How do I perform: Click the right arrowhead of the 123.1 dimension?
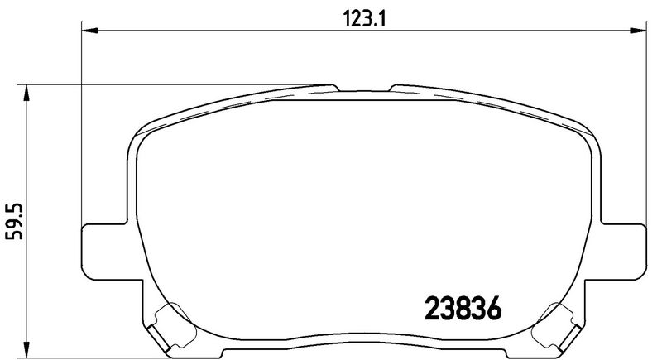[640, 31]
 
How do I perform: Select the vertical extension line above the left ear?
[82, 124]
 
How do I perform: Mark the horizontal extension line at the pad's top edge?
[165, 84]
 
